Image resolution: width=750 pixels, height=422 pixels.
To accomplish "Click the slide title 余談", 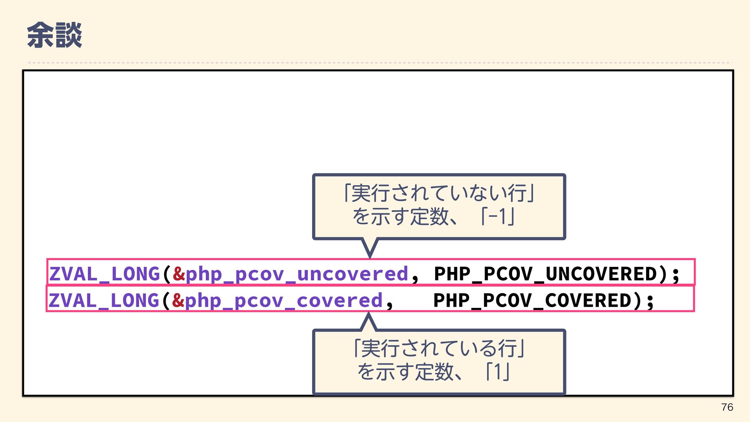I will coord(54,35).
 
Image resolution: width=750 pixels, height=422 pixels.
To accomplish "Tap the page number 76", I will coord(727,407).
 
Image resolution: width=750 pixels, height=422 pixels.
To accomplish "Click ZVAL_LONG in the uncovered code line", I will coord(104,274).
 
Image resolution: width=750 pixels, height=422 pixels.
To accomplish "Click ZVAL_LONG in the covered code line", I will coord(104,300).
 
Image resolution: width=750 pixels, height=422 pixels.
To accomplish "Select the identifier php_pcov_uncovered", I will coord(297,274).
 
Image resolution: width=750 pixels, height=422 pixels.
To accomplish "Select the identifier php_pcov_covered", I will coord(284,300).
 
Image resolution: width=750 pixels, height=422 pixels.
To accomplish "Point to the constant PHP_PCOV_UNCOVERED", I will coord(546,274).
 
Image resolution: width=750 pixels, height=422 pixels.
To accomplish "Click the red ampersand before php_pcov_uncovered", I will coord(179,274).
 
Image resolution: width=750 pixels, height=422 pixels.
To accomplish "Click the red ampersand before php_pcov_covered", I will coord(178,300).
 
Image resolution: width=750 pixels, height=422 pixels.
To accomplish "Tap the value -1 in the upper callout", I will coord(498,216).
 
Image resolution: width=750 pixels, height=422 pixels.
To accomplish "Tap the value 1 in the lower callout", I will coord(497,372).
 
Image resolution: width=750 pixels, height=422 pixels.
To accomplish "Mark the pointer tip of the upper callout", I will coord(370,257).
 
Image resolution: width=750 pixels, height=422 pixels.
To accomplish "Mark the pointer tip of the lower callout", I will coord(368,313).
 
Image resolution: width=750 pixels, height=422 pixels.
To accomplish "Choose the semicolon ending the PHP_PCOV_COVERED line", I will coord(650,301).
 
